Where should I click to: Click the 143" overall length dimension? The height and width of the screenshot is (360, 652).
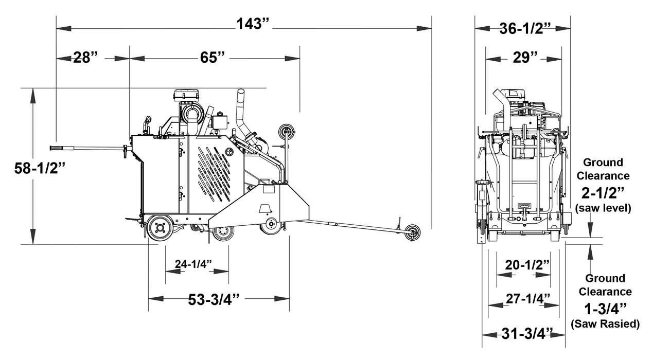(253, 25)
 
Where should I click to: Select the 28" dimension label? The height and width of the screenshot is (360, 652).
(84, 57)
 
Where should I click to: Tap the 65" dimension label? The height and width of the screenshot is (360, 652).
(213, 57)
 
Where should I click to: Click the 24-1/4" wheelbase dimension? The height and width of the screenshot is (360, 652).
(193, 264)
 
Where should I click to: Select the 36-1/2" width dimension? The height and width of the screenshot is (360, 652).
(523, 28)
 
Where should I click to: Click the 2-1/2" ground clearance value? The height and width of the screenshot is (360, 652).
(603, 192)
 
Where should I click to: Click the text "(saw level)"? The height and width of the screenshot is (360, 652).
(603, 207)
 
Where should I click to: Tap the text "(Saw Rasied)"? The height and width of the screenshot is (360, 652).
(605, 324)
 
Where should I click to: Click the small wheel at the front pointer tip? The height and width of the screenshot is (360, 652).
(412, 232)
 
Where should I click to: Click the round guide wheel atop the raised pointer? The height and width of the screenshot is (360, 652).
(286, 131)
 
